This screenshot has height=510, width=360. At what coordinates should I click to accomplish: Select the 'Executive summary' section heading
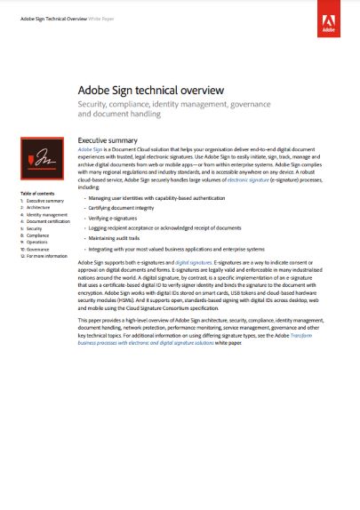[x=108, y=140]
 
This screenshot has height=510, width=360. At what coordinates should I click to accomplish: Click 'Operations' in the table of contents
[x=37, y=242]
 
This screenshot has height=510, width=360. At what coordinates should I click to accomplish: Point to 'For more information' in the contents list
[x=46, y=256]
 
